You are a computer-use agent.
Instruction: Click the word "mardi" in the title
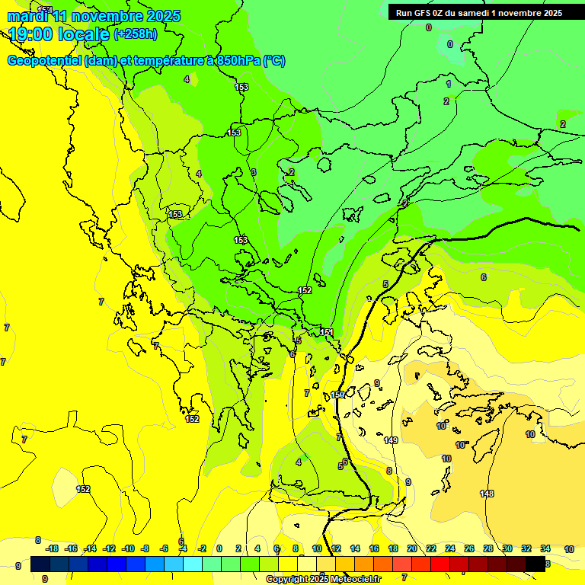(x=27, y=16)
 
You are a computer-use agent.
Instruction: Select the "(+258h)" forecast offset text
(x=136, y=34)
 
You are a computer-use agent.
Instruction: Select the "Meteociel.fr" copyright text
(x=355, y=580)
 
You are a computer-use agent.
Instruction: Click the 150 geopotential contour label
(x=337, y=395)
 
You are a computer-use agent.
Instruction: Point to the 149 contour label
(x=391, y=440)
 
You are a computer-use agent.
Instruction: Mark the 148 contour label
(x=487, y=494)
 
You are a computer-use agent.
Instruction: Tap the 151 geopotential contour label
(x=326, y=333)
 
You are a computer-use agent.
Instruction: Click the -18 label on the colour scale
(x=52, y=549)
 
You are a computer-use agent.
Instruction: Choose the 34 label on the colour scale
(x=545, y=549)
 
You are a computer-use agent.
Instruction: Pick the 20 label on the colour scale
(x=412, y=549)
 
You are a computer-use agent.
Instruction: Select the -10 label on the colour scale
(x=127, y=549)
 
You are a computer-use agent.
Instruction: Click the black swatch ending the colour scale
(x=536, y=564)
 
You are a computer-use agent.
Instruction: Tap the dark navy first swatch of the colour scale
(x=40, y=564)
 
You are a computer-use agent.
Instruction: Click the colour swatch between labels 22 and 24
(x=440, y=564)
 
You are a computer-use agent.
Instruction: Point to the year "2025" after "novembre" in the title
(x=162, y=16)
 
